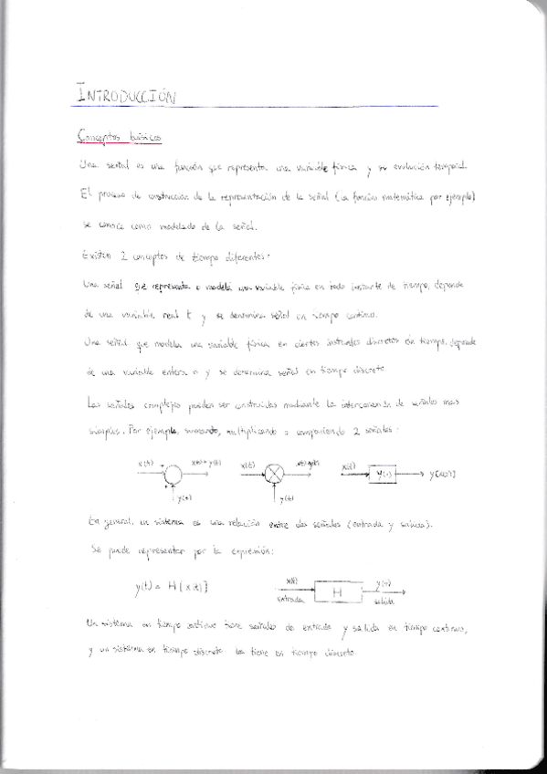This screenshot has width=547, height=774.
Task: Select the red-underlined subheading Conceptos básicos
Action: tap(119, 135)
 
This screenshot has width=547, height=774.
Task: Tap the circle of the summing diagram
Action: tap(174, 474)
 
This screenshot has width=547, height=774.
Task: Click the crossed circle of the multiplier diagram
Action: tap(275, 474)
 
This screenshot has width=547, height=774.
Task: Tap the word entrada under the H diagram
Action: tap(289, 602)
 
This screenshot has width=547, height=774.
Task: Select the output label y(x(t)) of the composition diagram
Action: tap(444, 475)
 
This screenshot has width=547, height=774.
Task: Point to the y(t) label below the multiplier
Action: tap(287, 497)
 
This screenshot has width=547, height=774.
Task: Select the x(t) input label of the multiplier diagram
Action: tap(247, 465)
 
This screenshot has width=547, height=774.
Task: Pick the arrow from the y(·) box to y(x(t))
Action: tap(413, 475)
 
